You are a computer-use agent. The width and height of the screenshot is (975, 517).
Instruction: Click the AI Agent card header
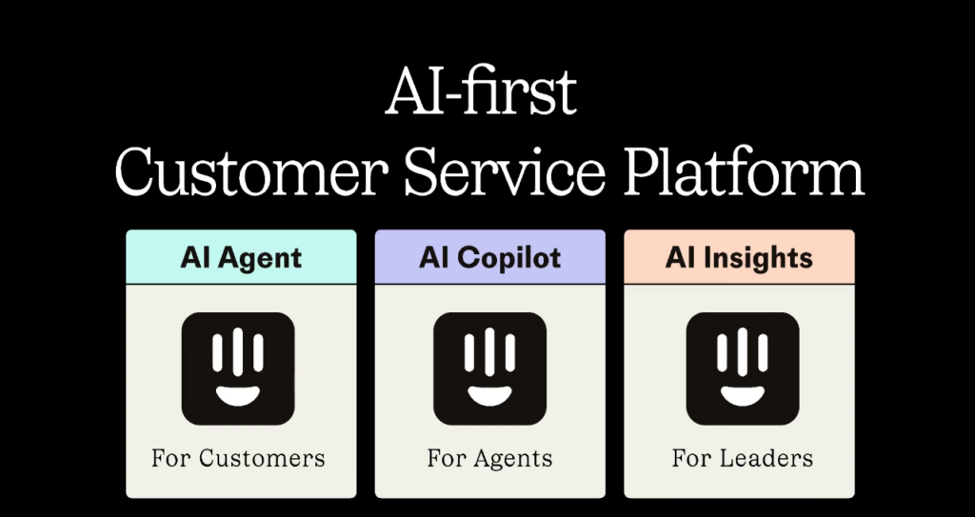[241, 257]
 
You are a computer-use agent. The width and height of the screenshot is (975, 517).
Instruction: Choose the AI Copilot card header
[490, 257]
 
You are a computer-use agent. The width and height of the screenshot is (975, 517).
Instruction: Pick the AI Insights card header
[739, 257]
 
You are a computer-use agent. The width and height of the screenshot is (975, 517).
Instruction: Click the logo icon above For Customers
[238, 368]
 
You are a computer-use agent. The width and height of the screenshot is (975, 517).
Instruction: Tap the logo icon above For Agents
[490, 368]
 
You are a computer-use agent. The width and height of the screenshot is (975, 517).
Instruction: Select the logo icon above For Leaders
[743, 368]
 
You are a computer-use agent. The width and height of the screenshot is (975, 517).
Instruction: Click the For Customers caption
[238, 459]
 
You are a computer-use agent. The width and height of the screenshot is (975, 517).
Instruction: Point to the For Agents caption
[490, 459]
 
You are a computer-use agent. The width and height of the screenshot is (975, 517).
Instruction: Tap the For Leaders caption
[743, 459]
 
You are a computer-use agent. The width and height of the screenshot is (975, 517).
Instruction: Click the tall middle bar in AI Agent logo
[238, 352]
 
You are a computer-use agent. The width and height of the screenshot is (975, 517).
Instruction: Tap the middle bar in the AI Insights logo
[743, 352]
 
